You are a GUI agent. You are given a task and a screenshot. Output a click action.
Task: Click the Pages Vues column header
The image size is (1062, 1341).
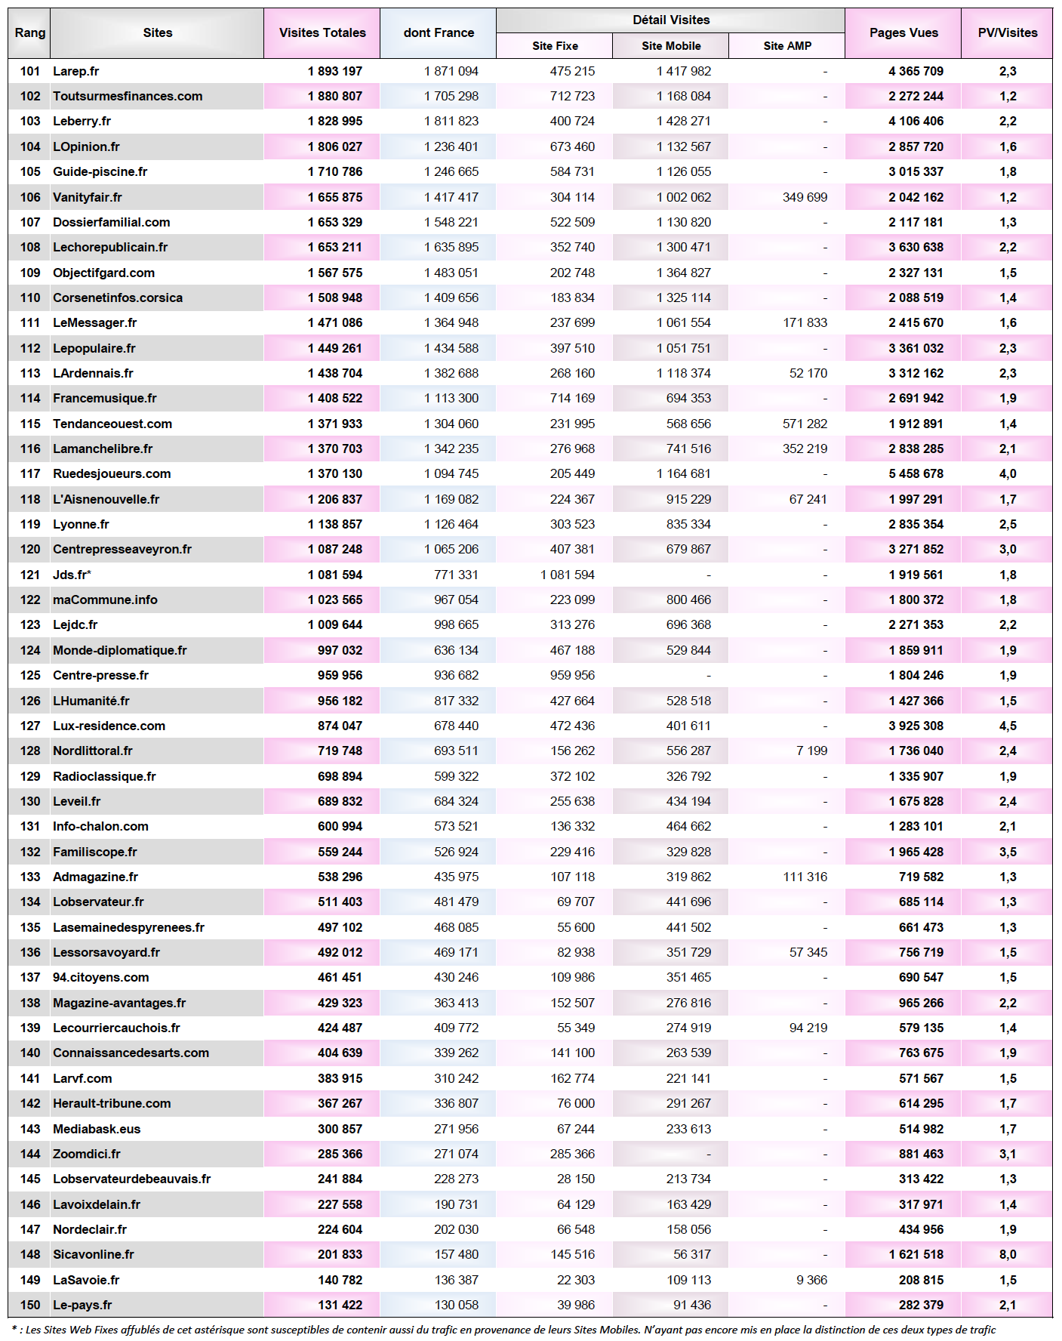(x=903, y=32)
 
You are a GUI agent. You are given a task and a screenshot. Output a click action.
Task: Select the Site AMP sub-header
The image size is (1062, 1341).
(x=786, y=46)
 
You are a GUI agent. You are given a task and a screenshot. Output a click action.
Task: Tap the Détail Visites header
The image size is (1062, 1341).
(x=670, y=20)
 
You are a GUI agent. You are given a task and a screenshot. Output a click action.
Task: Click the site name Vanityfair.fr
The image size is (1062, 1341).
(x=87, y=197)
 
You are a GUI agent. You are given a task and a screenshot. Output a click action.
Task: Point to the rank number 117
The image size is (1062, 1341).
(x=30, y=473)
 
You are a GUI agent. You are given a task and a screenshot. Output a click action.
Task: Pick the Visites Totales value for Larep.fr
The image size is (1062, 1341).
(x=334, y=71)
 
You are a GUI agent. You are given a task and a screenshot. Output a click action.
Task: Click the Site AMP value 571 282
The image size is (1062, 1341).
(x=805, y=424)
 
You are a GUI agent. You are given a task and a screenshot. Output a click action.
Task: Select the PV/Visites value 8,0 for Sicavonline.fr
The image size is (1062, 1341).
(x=1008, y=1254)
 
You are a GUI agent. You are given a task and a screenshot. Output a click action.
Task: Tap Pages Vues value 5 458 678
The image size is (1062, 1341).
(x=916, y=473)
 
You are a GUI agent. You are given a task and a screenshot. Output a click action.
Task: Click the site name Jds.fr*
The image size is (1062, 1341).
(x=72, y=575)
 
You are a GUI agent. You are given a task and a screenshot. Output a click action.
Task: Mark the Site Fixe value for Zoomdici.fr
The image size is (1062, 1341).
(x=572, y=1154)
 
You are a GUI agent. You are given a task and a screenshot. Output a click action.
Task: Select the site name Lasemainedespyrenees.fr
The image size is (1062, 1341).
(x=128, y=927)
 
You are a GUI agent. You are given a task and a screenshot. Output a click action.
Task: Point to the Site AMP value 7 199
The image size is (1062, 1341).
(x=811, y=751)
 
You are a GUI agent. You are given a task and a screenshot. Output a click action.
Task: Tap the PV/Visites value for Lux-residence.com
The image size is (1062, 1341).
(x=1008, y=726)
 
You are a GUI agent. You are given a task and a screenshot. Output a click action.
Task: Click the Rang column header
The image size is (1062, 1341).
(x=29, y=32)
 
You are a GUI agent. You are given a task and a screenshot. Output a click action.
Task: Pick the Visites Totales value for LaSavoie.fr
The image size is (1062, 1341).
(x=340, y=1280)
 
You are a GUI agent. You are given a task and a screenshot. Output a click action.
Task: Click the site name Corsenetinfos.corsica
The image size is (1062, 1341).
(x=117, y=297)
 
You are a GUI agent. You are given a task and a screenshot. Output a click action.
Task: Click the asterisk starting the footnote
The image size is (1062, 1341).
(x=14, y=1328)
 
